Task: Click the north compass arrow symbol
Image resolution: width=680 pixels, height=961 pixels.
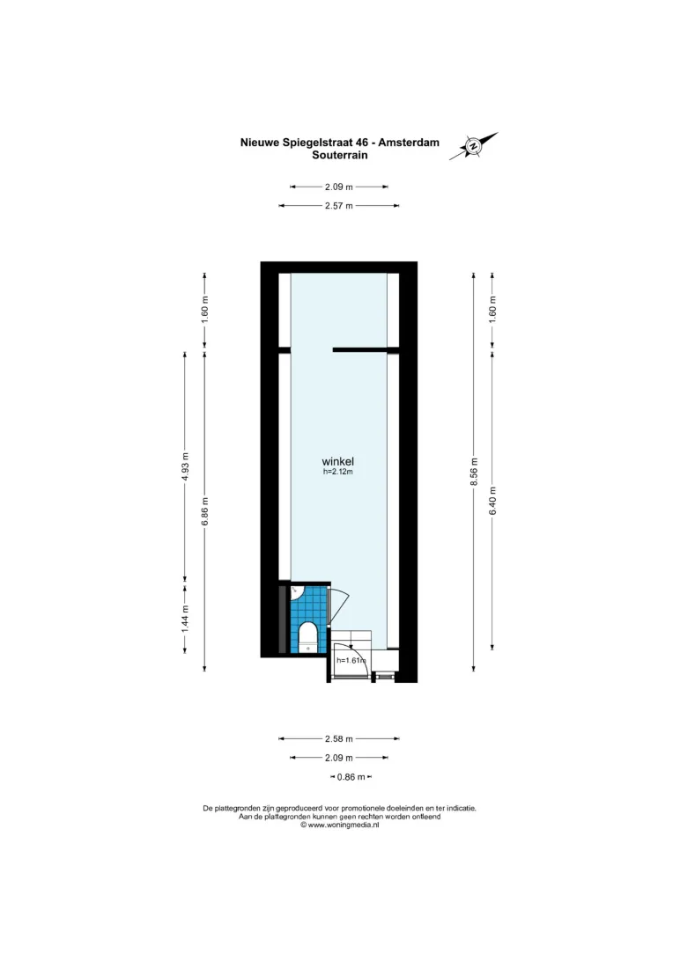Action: tap(473, 146)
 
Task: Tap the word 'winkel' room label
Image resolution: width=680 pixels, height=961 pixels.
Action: tap(338, 461)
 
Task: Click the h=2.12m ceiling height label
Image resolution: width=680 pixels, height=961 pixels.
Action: tap(338, 472)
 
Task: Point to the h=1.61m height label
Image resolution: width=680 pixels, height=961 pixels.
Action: tap(351, 660)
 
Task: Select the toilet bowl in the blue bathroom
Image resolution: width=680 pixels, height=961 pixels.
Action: tap(307, 637)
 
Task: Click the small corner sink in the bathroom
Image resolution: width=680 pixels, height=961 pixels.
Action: tap(296, 592)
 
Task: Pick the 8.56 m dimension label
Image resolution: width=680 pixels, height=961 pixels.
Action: tap(473, 472)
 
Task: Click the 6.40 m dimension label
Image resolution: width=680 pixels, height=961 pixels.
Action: tap(492, 500)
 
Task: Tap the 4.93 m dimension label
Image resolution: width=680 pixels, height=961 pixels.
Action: tap(185, 467)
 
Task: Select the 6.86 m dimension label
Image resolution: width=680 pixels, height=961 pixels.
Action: tap(205, 510)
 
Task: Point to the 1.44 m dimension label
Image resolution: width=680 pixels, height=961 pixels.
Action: tap(185, 619)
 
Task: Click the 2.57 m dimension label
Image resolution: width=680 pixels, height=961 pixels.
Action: tap(339, 206)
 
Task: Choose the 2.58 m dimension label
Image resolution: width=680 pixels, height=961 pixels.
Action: tap(339, 738)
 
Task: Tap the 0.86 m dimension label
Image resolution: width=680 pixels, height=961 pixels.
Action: tap(351, 777)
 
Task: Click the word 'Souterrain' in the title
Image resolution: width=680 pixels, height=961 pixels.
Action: tap(340, 155)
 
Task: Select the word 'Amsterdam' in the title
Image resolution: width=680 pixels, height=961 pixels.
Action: tap(409, 143)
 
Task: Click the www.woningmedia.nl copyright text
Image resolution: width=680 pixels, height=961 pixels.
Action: tap(340, 825)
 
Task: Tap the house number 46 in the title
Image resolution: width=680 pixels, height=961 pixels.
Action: tap(362, 143)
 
